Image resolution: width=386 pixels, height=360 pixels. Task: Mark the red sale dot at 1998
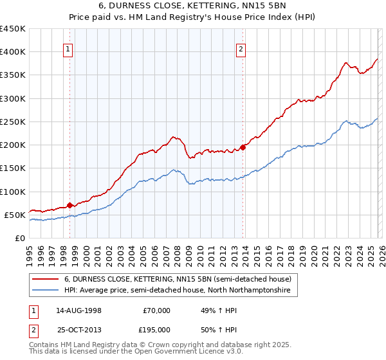pyautogui.click(x=69, y=205)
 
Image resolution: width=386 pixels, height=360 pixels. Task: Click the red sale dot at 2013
pyautogui.click(x=243, y=147)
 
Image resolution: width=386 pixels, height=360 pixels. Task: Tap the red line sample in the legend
pyautogui.click(x=46, y=280)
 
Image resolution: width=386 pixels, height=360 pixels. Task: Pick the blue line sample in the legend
pyautogui.click(x=46, y=291)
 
